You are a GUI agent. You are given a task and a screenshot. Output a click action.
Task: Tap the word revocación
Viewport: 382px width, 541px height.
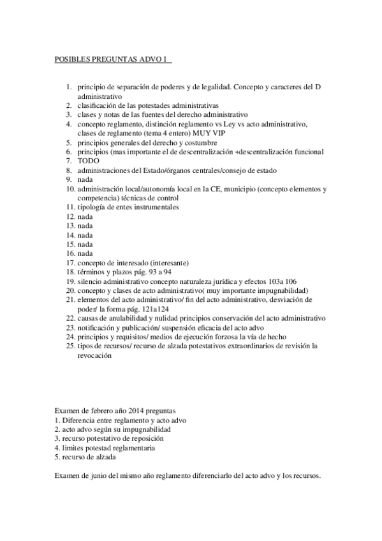coord(95,357)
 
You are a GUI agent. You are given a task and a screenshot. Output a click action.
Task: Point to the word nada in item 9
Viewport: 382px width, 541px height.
coord(85,180)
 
